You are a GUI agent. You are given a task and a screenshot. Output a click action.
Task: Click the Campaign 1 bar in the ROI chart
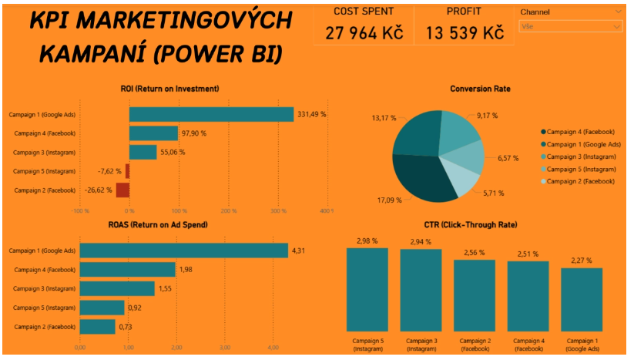pos(211,115)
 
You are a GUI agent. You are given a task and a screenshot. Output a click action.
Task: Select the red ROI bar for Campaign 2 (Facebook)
pos(122,190)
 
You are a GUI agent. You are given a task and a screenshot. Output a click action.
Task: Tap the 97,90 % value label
pos(196,133)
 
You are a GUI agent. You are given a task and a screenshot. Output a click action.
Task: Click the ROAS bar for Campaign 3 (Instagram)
pos(117,288)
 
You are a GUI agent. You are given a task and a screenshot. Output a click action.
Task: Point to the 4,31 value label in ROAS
pos(299,251)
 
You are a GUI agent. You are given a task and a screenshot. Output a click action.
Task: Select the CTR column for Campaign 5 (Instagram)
pos(367,289)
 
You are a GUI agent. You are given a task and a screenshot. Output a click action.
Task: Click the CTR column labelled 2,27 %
pos(581,299)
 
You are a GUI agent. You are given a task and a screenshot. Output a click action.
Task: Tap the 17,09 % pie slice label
pos(387,200)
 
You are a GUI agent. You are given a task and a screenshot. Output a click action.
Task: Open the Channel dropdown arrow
pos(618,12)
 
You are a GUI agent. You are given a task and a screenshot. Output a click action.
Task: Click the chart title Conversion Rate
pos(480,89)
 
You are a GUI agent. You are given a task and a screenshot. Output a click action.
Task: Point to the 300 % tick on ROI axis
pos(277,210)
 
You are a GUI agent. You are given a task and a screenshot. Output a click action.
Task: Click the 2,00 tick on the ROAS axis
pos(176,348)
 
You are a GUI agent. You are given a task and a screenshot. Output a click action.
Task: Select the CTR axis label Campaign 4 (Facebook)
pos(528,344)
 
